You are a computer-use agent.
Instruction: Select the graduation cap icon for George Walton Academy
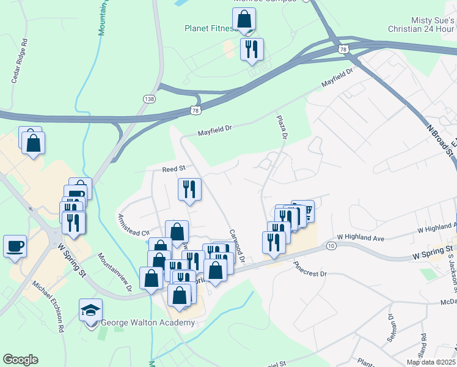(90, 311)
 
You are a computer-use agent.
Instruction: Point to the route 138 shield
(149, 98)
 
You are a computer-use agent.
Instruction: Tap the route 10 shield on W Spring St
(331, 245)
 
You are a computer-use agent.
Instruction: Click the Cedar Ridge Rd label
(21, 61)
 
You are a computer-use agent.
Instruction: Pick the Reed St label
(173, 169)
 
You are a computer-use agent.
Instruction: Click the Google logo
(20, 360)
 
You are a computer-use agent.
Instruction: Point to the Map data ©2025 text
(431, 362)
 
